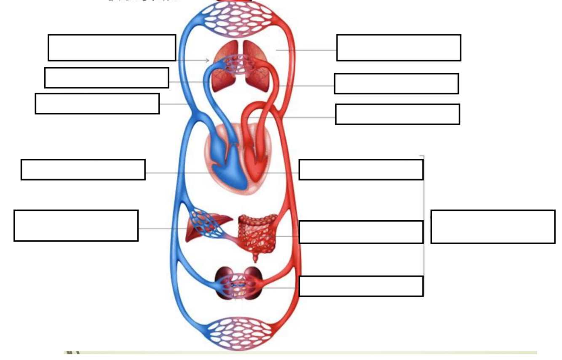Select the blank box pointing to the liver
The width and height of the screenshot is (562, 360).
pyautogui.click(x=76, y=226)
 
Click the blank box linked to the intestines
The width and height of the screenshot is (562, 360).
pyautogui.click(x=361, y=232)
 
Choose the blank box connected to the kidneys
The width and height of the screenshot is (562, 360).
pyautogui.click(x=361, y=286)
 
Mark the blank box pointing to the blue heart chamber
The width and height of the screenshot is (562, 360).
pyautogui.click(x=83, y=170)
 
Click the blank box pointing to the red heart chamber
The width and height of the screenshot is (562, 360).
pyautogui.click(x=361, y=170)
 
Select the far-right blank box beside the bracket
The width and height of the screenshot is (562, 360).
pyautogui.click(x=493, y=227)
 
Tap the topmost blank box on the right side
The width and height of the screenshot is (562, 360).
pyautogui.click(x=399, y=48)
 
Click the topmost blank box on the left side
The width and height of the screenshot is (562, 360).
pyautogui.click(x=112, y=48)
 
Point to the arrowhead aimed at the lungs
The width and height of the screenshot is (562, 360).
pyautogui.click(x=207, y=60)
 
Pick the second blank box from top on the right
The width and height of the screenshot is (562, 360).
pyautogui.click(x=396, y=83)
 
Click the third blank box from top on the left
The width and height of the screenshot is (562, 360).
pyautogui.click(x=97, y=104)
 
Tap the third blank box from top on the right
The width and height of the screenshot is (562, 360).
pyautogui.click(x=397, y=114)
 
